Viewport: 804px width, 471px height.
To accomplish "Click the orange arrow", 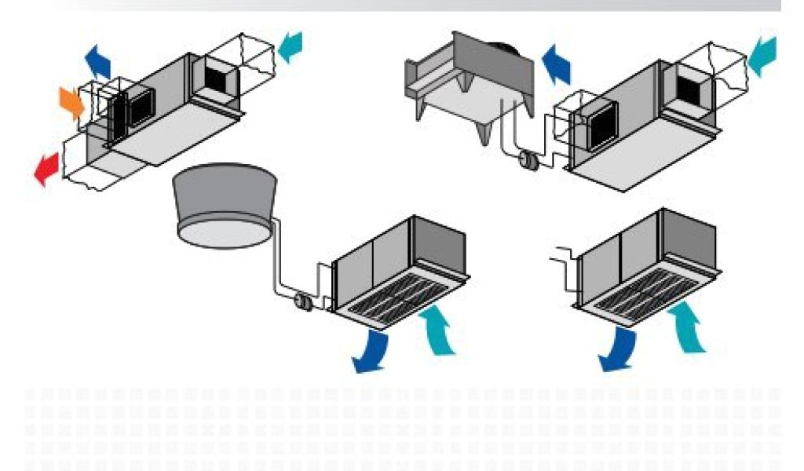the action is pyautogui.click(x=71, y=103).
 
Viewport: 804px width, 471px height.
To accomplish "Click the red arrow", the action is pyautogui.click(x=48, y=168).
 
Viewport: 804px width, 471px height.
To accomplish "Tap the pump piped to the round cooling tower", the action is pyautogui.click(x=301, y=301).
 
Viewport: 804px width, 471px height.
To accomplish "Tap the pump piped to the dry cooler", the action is pyautogui.click(x=528, y=160).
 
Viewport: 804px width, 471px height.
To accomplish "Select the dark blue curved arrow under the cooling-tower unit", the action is pyautogui.click(x=371, y=351).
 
